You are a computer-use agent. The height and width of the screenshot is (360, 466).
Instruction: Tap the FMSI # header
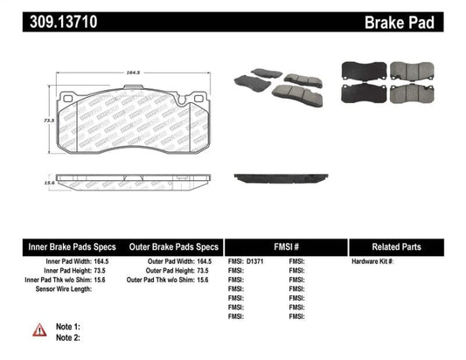coord(286,246)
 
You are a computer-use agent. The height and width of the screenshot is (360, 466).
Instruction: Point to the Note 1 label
coord(68,326)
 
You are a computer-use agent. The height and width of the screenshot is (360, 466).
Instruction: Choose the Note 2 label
coord(68,336)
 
